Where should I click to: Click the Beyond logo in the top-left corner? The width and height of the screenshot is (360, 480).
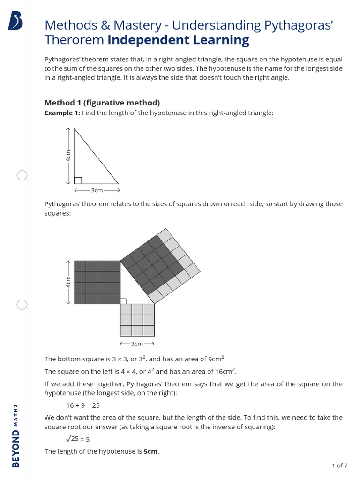click(15, 21)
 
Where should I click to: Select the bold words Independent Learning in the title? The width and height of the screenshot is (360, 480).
click(178, 40)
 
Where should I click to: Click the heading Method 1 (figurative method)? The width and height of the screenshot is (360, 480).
click(102, 103)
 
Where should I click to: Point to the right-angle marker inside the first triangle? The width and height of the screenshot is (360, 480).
click(78, 180)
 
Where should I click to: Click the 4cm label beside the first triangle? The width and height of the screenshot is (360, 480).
click(68, 156)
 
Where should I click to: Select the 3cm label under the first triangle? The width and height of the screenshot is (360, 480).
click(97, 190)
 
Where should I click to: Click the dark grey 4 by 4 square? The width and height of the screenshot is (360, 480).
click(97, 282)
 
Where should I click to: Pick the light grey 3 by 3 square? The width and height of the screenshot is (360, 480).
click(137, 320)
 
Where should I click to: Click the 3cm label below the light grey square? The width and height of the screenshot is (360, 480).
click(137, 344)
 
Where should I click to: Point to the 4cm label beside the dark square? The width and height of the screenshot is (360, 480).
click(68, 282)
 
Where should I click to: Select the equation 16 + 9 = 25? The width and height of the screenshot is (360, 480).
click(83, 405)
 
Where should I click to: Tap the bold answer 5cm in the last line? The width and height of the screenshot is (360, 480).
click(151, 451)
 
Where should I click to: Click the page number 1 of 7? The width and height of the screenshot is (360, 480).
click(339, 465)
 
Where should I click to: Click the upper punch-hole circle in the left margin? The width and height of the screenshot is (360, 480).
click(22, 175)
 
